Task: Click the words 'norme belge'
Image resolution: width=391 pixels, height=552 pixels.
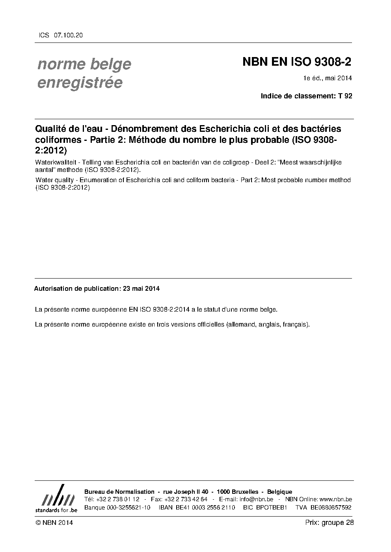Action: point(84,64)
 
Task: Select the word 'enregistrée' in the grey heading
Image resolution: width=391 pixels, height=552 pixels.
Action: point(80,83)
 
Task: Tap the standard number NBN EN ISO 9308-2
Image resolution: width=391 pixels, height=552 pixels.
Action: point(296,62)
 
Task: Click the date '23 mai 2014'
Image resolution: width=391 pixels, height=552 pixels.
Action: point(141,288)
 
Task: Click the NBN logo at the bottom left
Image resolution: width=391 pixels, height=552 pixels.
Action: point(56,498)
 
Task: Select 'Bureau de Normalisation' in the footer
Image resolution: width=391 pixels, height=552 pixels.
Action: point(119,492)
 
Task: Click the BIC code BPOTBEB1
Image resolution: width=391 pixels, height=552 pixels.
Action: point(271,508)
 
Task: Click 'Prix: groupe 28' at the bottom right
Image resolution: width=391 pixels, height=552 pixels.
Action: point(329,522)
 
